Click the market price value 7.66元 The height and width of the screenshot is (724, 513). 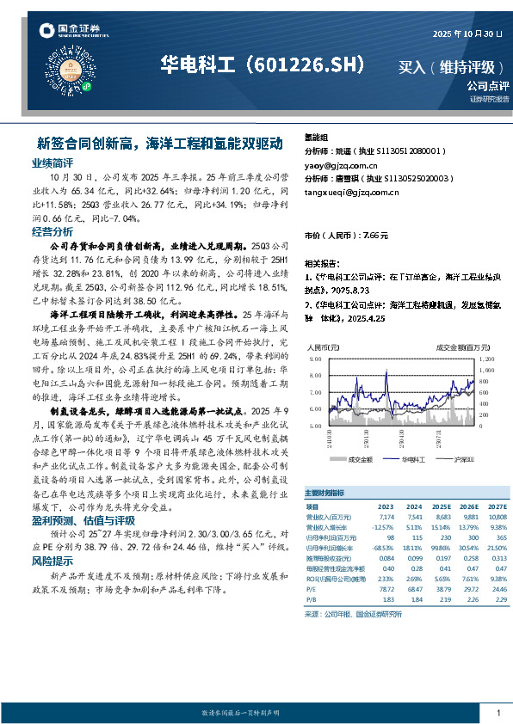(376, 235)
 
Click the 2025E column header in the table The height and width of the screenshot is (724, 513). (442, 507)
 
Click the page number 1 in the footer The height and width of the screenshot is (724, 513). (499, 713)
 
